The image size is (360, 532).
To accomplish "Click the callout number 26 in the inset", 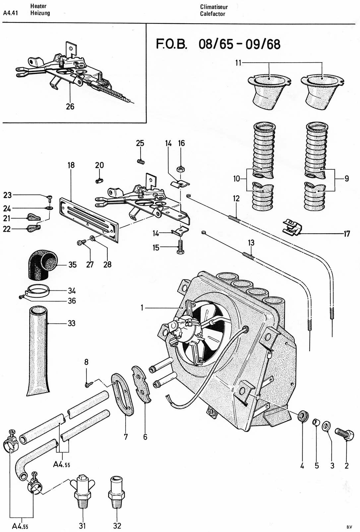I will tap(70, 106).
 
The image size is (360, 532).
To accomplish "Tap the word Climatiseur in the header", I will tap(214, 7).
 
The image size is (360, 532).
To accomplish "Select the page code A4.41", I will tap(10, 13).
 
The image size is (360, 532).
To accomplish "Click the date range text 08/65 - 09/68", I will tap(239, 44).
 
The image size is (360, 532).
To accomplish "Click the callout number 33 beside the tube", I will tap(72, 323).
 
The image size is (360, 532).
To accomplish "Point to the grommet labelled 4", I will tap(302, 416).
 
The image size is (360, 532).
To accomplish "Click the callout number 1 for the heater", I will tap(142, 308).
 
